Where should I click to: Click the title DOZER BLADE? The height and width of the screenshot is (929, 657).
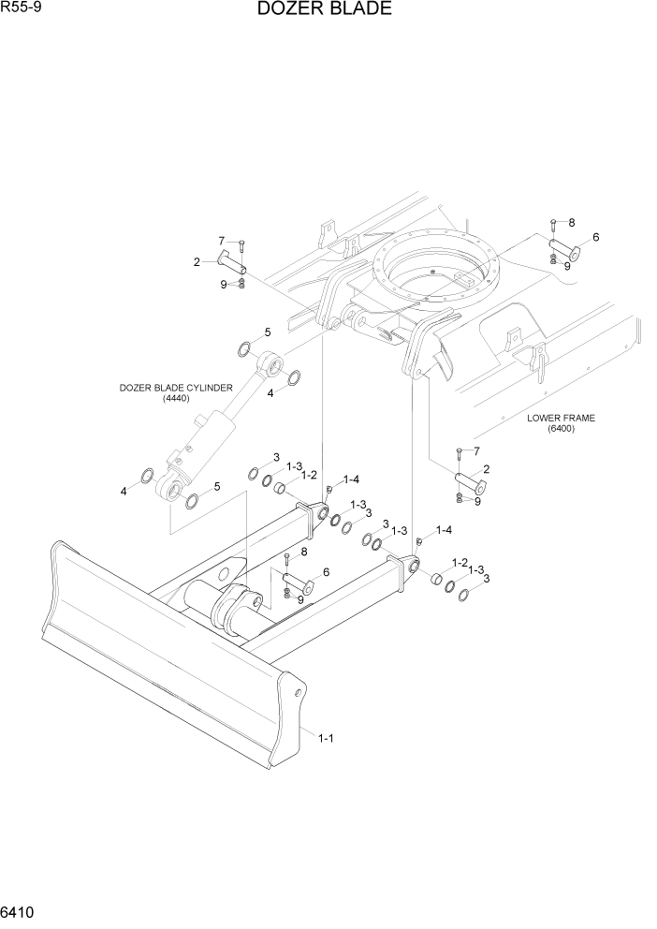(x=310, y=10)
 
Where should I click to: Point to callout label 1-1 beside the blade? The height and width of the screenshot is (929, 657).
(x=326, y=738)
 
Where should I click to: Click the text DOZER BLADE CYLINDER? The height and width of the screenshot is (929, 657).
(x=175, y=387)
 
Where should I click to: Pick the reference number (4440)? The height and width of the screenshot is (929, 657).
(x=175, y=398)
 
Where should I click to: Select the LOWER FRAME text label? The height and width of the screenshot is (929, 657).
(x=561, y=418)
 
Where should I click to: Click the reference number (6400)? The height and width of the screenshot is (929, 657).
(x=561, y=429)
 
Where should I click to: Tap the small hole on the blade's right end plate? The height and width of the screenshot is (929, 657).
(x=298, y=694)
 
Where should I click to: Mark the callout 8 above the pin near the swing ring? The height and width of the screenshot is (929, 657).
(x=571, y=222)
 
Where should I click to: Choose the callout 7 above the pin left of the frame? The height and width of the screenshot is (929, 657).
(x=222, y=241)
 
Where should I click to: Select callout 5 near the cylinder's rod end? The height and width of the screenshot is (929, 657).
(x=267, y=332)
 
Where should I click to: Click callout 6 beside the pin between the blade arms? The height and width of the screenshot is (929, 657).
(x=325, y=571)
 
